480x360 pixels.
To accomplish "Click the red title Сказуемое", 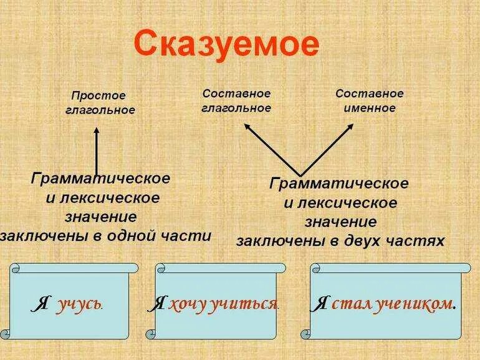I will tap(226, 45).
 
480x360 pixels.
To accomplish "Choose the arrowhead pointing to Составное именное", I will tap(351, 127).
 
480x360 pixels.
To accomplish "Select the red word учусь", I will tap(80, 304).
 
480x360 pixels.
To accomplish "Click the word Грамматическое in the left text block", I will tap(100, 178).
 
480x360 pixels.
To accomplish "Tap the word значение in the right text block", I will tap(340, 221).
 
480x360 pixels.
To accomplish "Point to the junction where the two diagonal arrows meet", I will tap(299, 175).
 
